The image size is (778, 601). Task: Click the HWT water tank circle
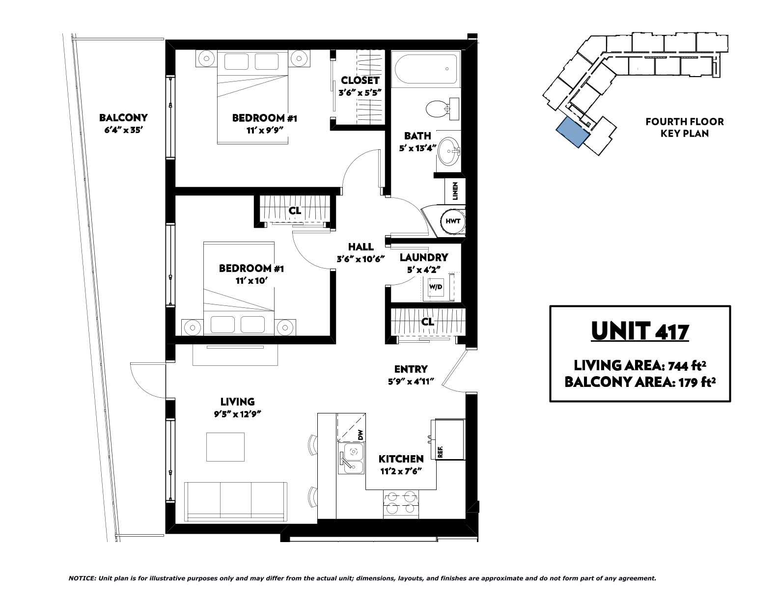(x=452, y=221)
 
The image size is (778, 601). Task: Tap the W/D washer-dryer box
(x=435, y=287)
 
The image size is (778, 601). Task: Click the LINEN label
(x=455, y=191)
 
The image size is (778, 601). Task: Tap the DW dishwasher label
(x=360, y=435)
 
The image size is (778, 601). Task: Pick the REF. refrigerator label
(x=440, y=452)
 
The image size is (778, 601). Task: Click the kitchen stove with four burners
(x=401, y=504)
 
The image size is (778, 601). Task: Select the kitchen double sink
(x=351, y=458)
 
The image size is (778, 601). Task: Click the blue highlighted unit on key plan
(x=573, y=132)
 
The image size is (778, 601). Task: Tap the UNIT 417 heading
(x=640, y=331)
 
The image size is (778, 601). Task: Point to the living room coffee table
(x=225, y=447)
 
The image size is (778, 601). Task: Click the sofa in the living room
(x=236, y=502)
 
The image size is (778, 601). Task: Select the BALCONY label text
(x=123, y=117)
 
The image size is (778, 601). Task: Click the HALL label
(x=361, y=246)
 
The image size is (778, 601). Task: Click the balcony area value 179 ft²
(x=695, y=382)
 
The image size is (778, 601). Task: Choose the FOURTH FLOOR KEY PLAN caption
(x=685, y=128)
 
